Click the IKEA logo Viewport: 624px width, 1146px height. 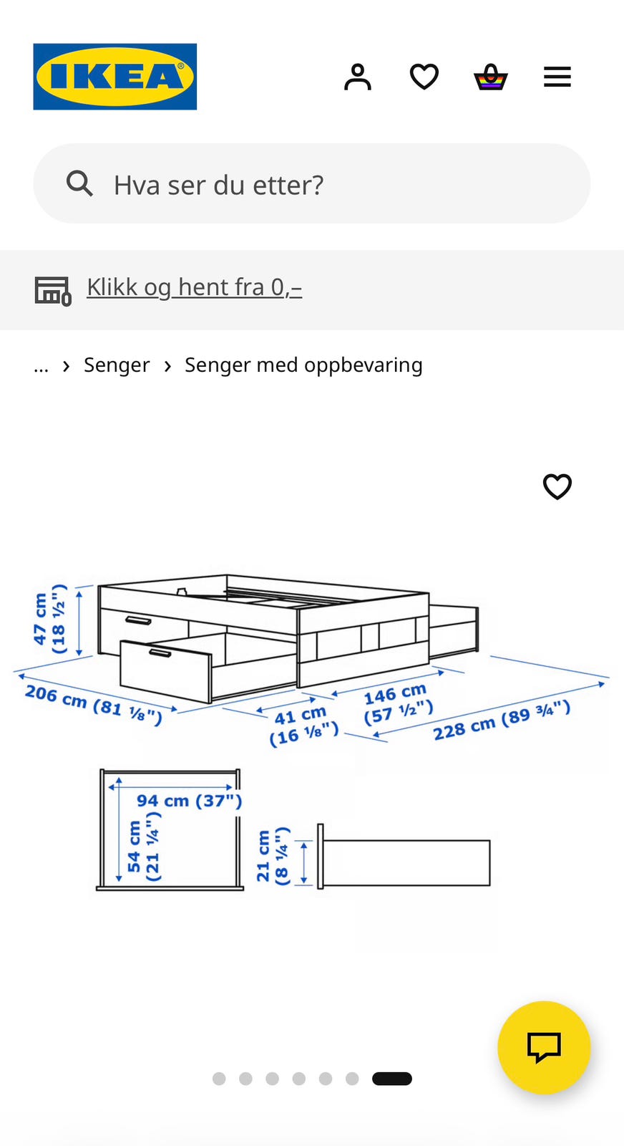[115, 77]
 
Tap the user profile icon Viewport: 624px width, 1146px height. [358, 77]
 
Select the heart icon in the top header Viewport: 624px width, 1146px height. [424, 77]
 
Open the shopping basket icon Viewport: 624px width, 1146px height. [491, 77]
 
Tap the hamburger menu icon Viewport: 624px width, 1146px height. [557, 77]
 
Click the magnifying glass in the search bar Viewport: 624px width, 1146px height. [79, 183]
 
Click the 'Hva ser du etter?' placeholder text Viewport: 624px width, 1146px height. [219, 186]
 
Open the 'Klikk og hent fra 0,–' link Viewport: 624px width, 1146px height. [194, 287]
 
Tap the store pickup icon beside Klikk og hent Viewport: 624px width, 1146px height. [53, 291]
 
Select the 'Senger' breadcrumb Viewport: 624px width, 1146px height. [117, 365]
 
